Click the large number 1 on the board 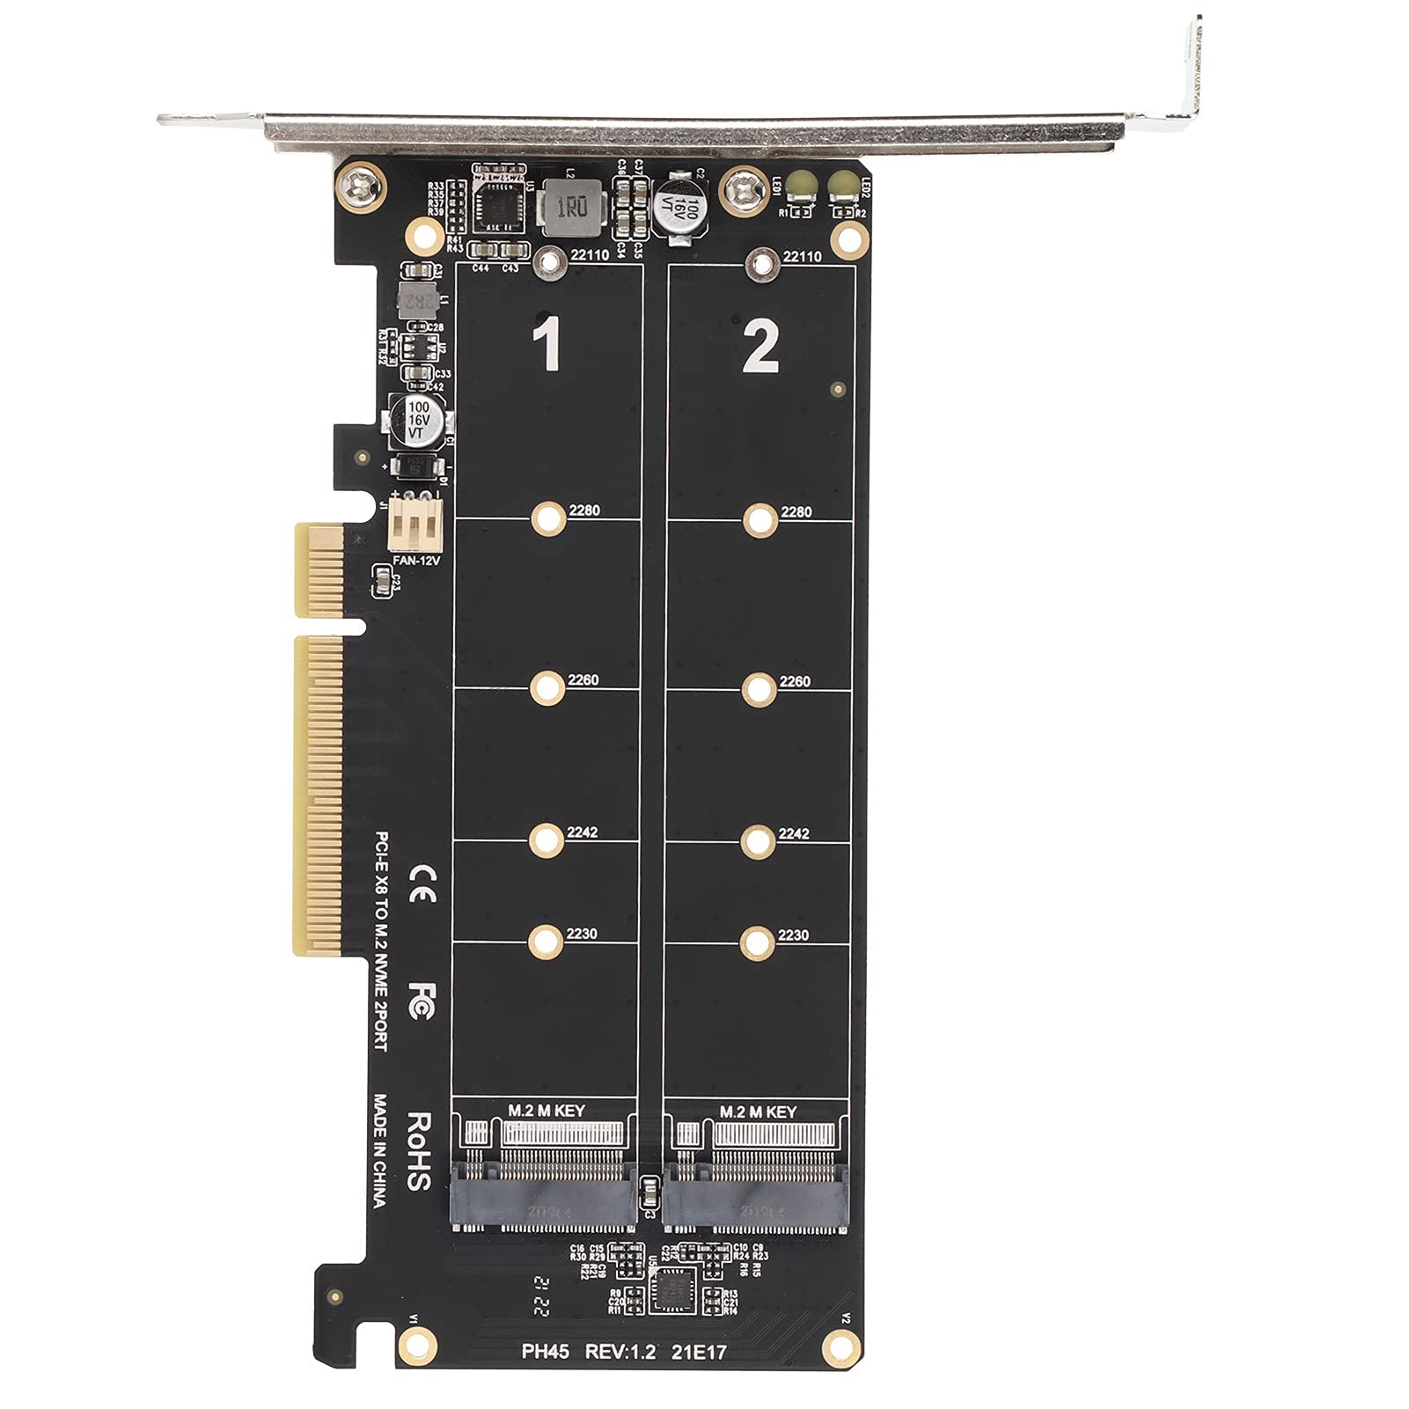point(549,345)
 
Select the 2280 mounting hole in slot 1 point(548,519)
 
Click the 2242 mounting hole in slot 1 point(547,840)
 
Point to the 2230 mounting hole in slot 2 point(757,943)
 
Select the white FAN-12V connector point(412,527)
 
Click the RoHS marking point(419,1150)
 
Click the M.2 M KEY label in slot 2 point(757,1112)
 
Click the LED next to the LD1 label point(802,184)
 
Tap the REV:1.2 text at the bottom point(620,1351)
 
